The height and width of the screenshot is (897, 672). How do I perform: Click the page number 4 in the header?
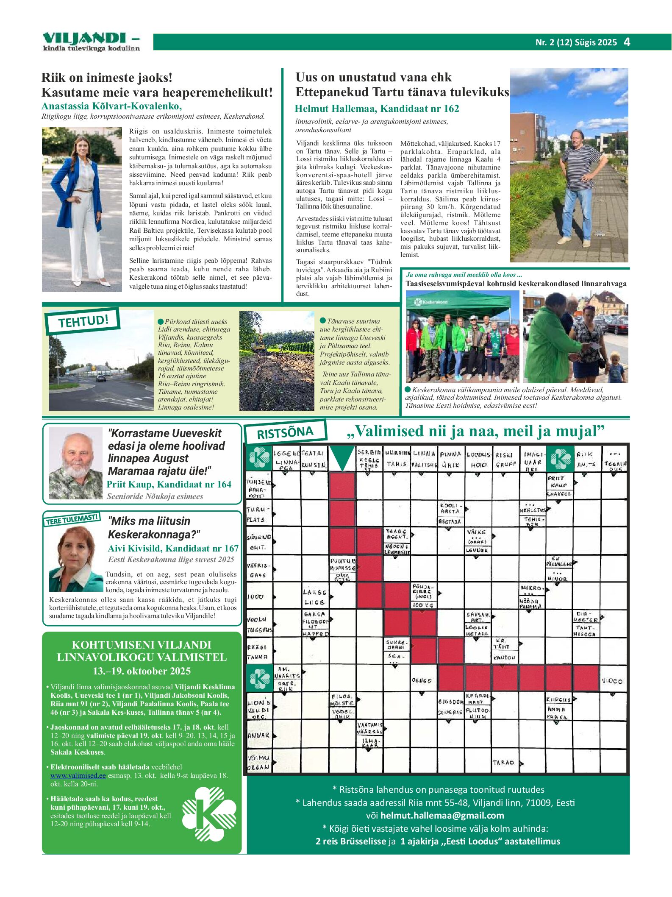click(627, 42)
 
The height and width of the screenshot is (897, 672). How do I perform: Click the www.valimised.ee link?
click(78, 775)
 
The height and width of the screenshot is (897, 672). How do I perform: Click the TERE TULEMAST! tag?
click(72, 519)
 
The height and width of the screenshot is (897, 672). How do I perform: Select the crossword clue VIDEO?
click(612, 681)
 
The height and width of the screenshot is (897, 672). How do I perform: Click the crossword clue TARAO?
click(503, 762)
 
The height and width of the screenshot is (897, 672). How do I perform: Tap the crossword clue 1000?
click(255, 597)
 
